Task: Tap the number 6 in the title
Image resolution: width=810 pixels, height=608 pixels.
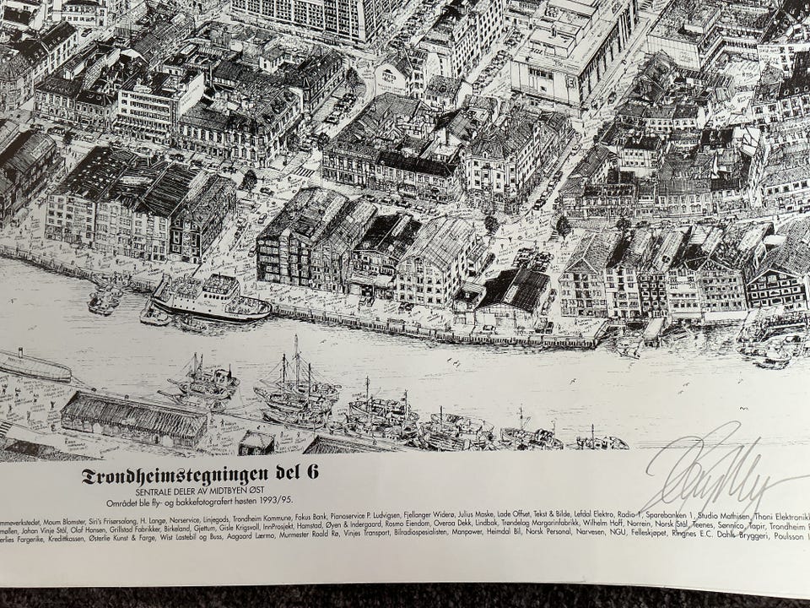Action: point(312,473)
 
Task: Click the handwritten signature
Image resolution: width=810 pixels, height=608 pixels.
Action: point(709,477)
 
